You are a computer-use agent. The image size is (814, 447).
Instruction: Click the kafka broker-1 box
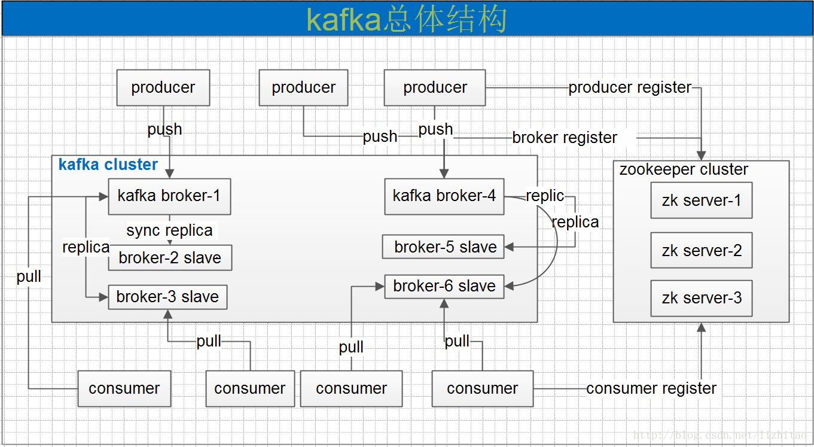[x=169, y=196]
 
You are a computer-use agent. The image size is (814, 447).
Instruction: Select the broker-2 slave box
[x=170, y=258]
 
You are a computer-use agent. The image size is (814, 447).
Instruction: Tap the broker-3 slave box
[x=167, y=297]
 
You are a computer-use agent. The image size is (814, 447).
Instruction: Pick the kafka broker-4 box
[x=444, y=196]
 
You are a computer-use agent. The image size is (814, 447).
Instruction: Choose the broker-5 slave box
[x=443, y=247]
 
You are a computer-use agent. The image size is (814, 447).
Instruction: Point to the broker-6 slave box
[x=444, y=287]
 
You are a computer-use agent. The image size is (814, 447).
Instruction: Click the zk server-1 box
[x=701, y=200]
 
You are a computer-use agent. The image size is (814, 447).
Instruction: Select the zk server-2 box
[x=701, y=250]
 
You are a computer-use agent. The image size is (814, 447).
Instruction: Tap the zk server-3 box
[x=701, y=298]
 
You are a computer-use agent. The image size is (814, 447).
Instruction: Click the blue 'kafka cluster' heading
[x=108, y=165]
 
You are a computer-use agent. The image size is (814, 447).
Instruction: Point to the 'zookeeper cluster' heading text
[x=683, y=170]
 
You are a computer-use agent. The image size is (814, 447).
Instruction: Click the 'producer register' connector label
[x=630, y=88]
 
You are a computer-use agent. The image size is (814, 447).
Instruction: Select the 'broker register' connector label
[x=565, y=138]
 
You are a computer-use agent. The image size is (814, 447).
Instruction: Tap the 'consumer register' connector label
[x=651, y=388]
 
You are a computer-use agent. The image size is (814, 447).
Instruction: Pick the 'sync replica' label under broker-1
[x=169, y=230]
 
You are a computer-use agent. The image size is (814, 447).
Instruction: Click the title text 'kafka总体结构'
[x=407, y=19]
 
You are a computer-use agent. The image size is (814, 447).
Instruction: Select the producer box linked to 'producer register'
[x=435, y=88]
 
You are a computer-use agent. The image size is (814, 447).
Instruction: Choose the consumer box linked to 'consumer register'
[x=482, y=388]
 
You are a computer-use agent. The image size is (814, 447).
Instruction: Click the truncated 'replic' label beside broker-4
[x=544, y=196]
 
